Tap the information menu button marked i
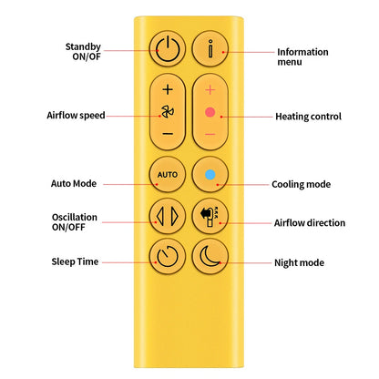pos(210,48)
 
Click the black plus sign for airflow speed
pos(168,89)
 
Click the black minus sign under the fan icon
pos(168,134)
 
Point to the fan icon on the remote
pos(168,112)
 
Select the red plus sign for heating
pos(210,90)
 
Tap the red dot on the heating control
pos(210,112)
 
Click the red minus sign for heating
pos(210,134)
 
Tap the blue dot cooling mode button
pos(210,174)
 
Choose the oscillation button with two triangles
pos(168,216)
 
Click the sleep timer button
pos(168,257)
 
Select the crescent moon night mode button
pos(210,257)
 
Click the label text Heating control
pos(308,117)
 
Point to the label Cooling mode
pos(301,184)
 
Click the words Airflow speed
pos(76,116)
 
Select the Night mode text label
pos(299,262)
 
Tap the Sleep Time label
pos(75,261)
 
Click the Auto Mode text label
pos(74,183)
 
